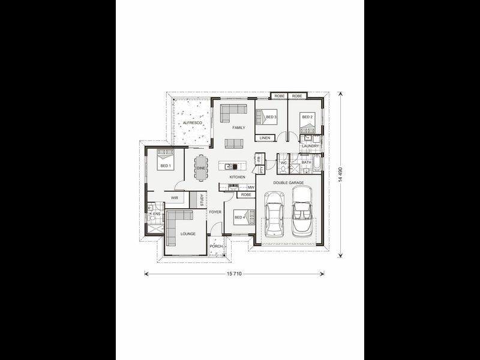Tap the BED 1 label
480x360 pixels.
(x=165, y=166)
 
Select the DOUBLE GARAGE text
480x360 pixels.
(x=289, y=182)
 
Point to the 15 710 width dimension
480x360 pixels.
(x=235, y=274)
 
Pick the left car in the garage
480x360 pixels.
(x=274, y=214)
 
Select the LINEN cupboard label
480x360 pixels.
(x=265, y=138)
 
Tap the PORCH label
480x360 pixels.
(x=216, y=247)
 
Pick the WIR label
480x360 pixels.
(x=175, y=197)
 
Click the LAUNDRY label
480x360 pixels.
(x=310, y=146)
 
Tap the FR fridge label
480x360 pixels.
(x=258, y=158)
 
